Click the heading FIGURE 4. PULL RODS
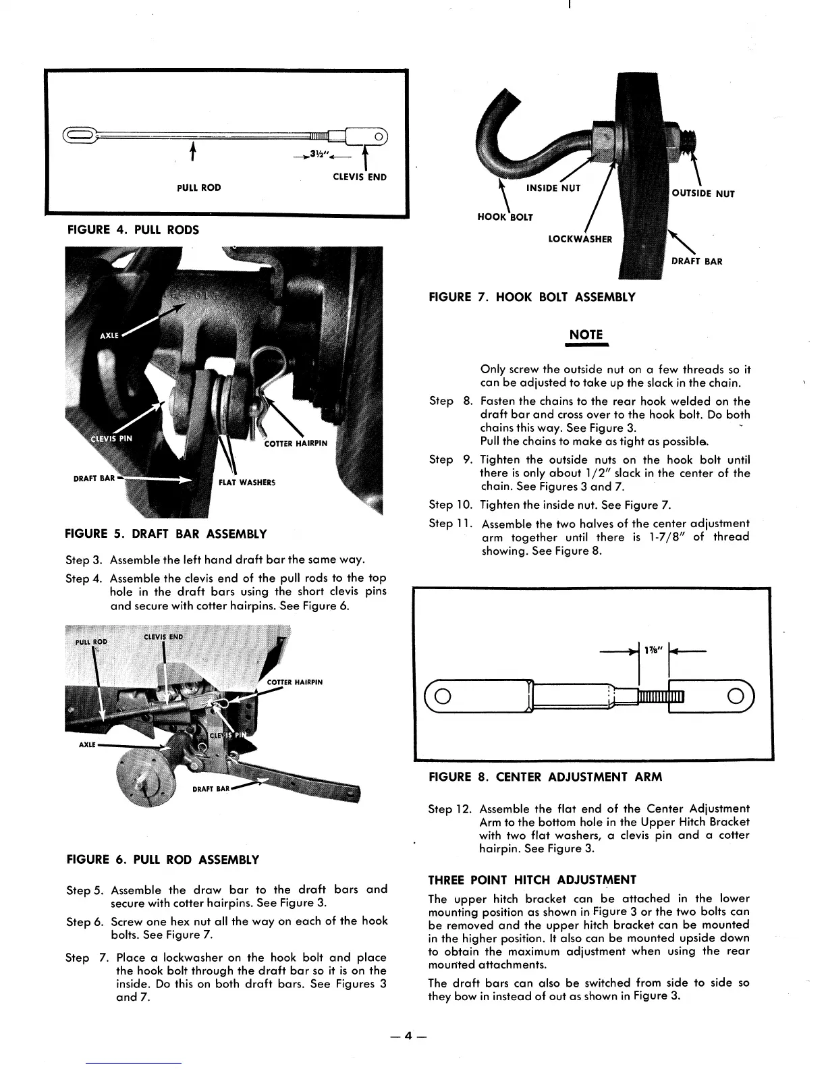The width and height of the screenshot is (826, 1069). click(134, 229)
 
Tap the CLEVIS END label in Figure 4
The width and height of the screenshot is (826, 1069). click(360, 177)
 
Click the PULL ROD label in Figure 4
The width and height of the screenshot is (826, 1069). click(199, 187)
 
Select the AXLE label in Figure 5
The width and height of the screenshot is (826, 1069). click(109, 335)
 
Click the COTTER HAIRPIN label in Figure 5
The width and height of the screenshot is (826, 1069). click(296, 443)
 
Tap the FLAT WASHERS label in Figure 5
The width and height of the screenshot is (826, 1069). click(247, 483)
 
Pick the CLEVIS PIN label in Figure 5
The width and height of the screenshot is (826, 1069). click(111, 438)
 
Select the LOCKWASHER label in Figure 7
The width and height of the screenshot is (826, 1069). click(580, 239)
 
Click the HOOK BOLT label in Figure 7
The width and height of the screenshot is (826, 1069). click(505, 217)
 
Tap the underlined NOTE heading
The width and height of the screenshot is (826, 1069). click(586, 335)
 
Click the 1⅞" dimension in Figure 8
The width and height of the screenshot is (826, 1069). click(653, 650)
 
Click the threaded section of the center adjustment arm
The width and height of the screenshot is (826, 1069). click(660, 696)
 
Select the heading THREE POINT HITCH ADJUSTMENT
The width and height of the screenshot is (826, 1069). click(532, 880)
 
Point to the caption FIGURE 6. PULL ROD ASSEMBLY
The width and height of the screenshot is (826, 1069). click(163, 860)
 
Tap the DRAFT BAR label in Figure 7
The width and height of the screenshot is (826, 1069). click(696, 261)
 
